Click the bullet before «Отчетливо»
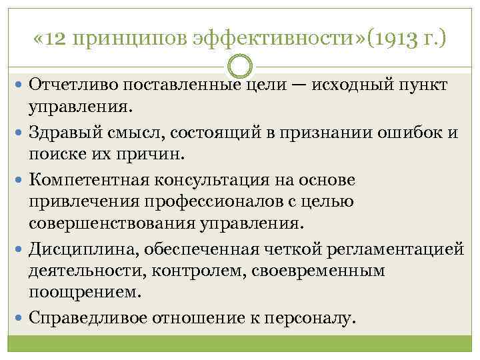pos(19,86)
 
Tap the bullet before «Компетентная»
pos(19,180)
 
